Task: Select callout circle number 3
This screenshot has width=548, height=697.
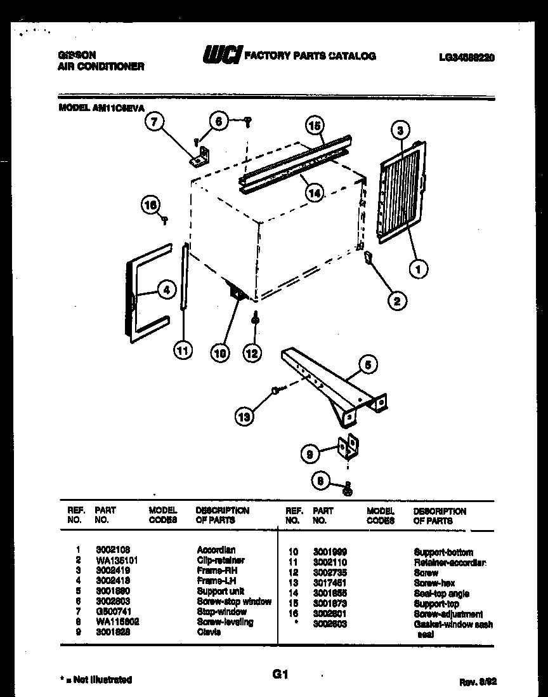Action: pos(400,131)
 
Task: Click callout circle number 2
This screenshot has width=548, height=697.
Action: pos(396,301)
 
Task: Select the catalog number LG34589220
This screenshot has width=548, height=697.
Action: pos(466,57)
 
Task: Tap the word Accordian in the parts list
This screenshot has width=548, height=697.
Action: pos(216,550)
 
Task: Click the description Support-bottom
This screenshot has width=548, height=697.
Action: pos(443,552)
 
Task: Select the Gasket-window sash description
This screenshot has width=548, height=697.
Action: pos(453,625)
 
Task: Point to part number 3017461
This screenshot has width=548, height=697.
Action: pos(330,583)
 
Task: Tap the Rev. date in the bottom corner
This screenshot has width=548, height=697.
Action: pos(477,682)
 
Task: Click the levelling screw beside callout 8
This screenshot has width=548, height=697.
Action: pos(347,488)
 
